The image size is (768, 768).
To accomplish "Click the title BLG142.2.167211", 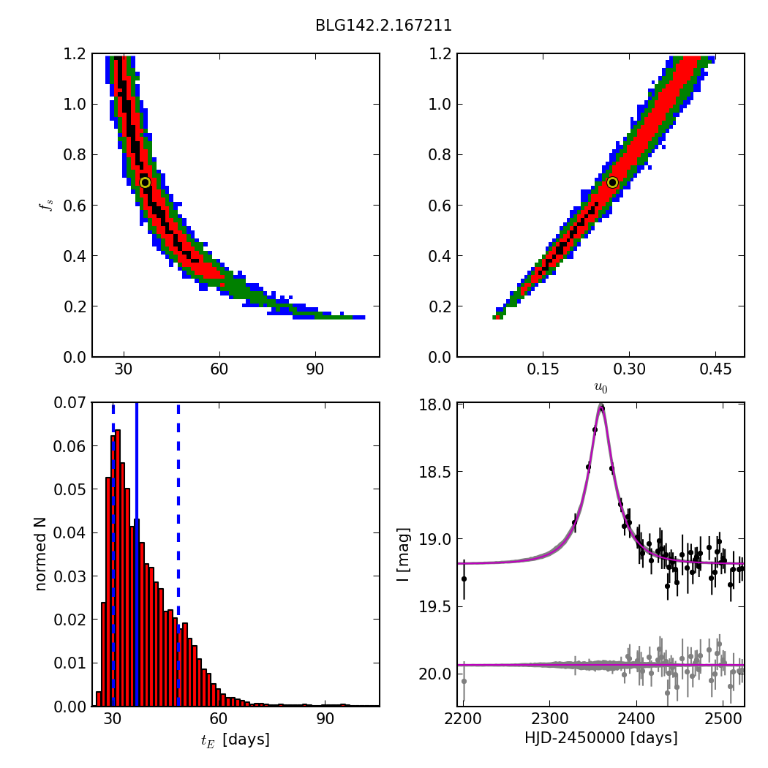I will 383,26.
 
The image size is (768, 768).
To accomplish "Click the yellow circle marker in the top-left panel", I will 145,182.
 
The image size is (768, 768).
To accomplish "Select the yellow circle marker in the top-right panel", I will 612,182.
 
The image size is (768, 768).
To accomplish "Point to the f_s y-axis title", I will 46,205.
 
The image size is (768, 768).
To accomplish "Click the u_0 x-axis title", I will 601,388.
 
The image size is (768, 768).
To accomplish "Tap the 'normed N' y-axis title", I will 41,554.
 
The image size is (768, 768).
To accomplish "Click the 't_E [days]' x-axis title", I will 236,739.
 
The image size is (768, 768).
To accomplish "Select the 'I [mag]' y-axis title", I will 403,554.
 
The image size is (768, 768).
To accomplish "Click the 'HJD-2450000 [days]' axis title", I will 601,738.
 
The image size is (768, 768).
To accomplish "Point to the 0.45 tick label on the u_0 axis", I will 715,370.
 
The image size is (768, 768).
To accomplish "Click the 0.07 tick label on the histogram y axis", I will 70,403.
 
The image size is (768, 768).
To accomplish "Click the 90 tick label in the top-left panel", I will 315,370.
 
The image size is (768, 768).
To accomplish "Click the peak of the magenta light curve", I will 601,407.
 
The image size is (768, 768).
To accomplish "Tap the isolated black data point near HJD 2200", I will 464,579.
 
